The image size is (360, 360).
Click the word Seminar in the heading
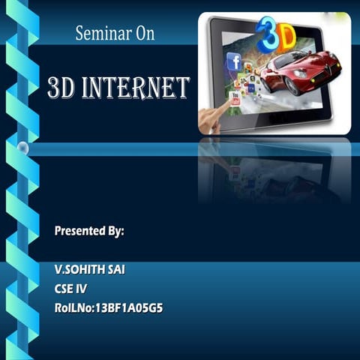[99, 33]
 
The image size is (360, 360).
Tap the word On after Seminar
[141, 33]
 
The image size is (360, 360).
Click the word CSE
[64, 287]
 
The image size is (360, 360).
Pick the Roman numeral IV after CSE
[82, 287]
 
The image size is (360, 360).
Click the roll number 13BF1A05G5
[128, 307]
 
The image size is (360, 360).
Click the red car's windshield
[307, 59]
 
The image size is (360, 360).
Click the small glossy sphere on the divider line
[23, 148]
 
